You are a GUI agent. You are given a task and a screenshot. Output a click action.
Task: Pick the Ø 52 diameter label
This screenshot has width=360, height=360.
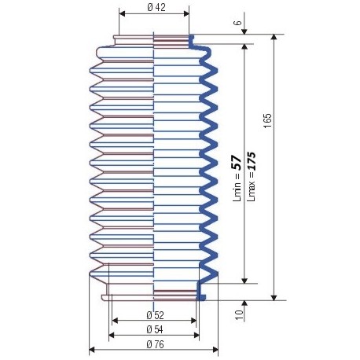[x=154, y=314]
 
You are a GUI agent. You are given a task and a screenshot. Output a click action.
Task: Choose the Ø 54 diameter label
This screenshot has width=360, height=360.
[x=154, y=329]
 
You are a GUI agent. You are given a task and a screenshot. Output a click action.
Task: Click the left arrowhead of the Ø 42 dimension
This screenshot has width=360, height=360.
[x=122, y=14]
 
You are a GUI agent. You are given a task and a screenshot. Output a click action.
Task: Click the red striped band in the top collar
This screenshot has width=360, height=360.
[x=171, y=38]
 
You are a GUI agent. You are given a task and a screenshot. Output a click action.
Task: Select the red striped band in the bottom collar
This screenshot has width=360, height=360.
[x=174, y=295]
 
